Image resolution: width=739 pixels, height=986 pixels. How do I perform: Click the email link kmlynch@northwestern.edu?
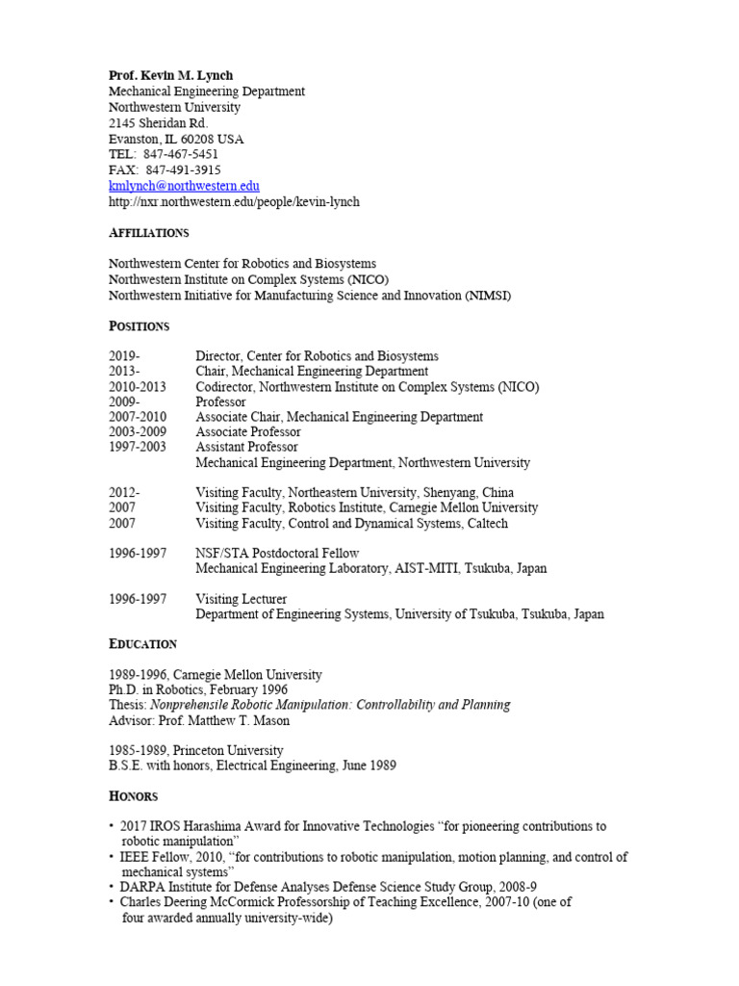(184, 186)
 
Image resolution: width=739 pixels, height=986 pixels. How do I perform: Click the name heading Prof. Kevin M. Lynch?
(170, 76)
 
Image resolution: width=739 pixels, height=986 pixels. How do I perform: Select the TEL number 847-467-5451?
(180, 154)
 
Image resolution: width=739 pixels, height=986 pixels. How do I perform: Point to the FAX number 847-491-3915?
(183, 169)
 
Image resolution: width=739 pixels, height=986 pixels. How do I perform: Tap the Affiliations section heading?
(148, 233)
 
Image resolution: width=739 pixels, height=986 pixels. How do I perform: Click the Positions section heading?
(139, 326)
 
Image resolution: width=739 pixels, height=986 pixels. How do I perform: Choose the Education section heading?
(142, 644)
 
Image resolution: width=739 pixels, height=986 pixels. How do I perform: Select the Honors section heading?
(133, 796)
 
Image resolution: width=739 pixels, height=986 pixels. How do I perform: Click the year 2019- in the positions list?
(124, 356)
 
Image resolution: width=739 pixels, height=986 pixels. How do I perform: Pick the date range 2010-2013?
(137, 387)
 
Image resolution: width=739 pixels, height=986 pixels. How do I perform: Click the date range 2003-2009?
(137, 432)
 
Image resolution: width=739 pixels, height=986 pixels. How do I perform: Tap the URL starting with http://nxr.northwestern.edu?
(234, 201)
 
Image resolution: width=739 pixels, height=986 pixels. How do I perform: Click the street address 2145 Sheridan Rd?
(158, 123)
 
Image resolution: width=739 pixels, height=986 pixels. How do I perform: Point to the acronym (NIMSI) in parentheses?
(488, 296)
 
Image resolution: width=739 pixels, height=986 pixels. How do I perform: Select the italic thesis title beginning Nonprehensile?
(331, 705)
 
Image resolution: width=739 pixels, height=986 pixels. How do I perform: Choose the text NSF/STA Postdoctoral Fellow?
(277, 554)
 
